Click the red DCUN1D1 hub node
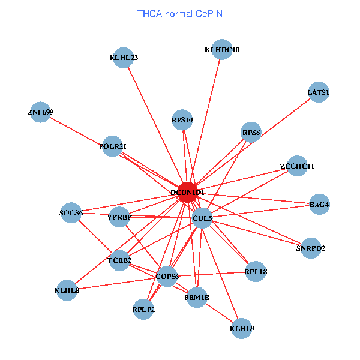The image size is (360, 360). coord(188,192)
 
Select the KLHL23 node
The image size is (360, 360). coord(124,58)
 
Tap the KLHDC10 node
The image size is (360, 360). coord(222,50)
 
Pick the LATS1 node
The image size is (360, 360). coord(318,92)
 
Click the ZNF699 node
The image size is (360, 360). coord(40,112)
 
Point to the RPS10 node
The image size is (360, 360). coord(182,119)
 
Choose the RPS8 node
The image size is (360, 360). coord(251,132)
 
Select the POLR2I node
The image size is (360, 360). coord(112,146)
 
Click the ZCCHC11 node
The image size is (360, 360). coord(297,166)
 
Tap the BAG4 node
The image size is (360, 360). coord(319,205)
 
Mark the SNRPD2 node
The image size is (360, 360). coord(310,248)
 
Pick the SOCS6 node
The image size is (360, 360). coord(71,212)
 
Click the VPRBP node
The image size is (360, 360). coord(119,217)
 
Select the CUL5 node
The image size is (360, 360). coord(202,218)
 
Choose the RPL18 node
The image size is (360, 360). coord(256,272)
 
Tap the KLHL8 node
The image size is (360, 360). coord(67,290)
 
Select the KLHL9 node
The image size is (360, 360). coord(241,328)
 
